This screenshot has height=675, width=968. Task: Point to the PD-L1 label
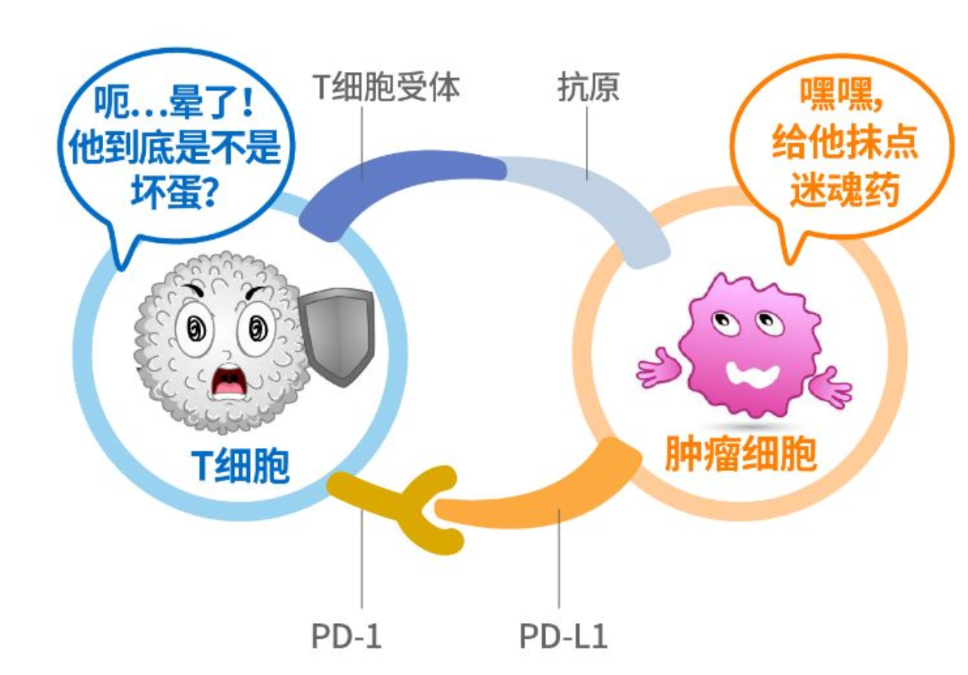563,637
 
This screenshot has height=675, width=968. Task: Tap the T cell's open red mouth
228,384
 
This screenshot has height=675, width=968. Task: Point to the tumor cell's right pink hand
829,386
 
